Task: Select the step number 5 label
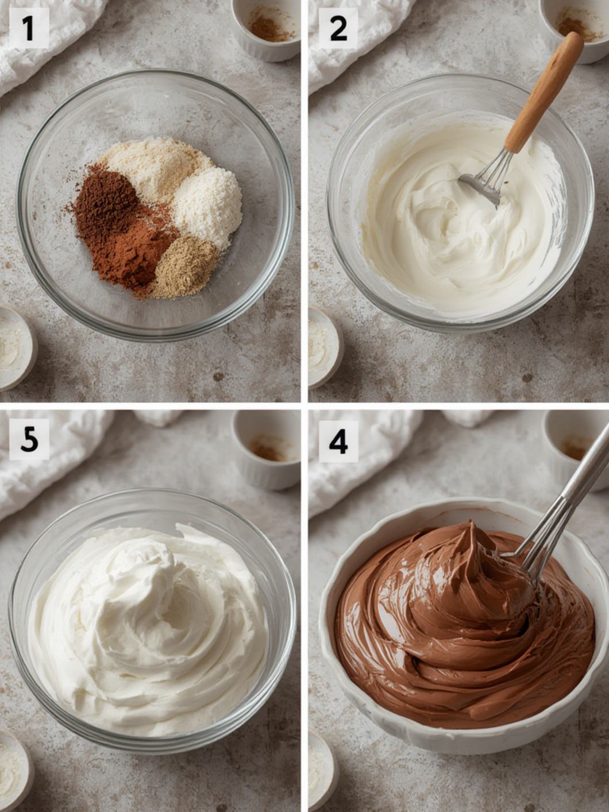29,439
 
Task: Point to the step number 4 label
338,440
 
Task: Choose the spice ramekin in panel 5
267,450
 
